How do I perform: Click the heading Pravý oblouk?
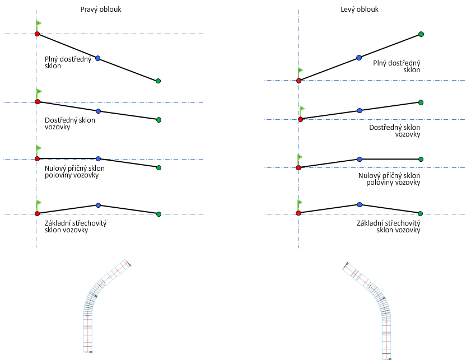tap(101, 10)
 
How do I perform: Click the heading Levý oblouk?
tap(359, 10)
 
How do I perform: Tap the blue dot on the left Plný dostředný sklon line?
tap(98, 58)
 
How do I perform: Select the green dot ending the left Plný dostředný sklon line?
tap(158, 81)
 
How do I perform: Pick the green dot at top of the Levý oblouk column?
tap(421, 34)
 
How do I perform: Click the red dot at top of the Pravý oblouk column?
tap(37, 34)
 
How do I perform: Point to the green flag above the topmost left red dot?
tap(39, 24)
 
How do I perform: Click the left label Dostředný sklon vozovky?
tap(69, 123)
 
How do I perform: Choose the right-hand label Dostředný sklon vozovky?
tap(395, 130)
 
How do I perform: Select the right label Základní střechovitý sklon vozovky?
tap(388, 226)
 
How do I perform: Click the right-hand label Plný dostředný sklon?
tap(397, 67)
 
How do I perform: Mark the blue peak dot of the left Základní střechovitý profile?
tap(98, 205)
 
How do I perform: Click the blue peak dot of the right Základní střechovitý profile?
tap(360, 205)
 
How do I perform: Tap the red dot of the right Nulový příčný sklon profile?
tap(299, 167)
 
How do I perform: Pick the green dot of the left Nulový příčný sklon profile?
tap(158, 167)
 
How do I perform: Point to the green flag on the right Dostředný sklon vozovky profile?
tap(302, 109)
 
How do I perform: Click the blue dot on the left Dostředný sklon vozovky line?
tap(98, 111)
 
